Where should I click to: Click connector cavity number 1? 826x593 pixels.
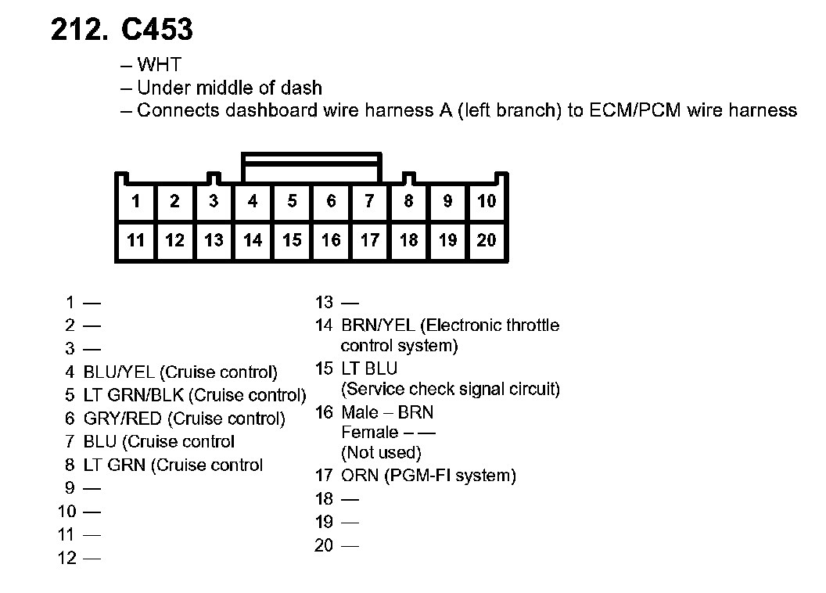click(136, 202)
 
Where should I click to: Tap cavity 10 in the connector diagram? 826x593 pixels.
click(487, 202)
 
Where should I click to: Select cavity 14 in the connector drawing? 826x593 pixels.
click(253, 240)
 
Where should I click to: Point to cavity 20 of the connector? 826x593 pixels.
click(487, 240)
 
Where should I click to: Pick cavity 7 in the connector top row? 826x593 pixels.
click(369, 202)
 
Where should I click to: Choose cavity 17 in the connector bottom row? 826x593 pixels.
click(369, 240)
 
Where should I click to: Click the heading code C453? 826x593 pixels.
click(156, 30)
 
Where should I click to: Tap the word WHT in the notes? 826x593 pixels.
click(159, 65)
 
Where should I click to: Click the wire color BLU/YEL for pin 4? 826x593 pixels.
click(119, 372)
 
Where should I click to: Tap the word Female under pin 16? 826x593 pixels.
click(369, 433)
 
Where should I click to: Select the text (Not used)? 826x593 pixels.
click(382, 452)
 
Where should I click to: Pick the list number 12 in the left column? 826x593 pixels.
click(67, 558)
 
